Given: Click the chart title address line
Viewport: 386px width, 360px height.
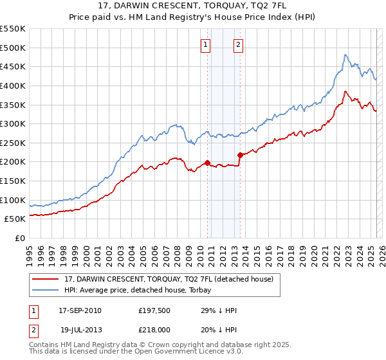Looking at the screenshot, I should (x=194, y=6).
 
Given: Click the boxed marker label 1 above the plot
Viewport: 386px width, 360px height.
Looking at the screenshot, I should (x=205, y=44).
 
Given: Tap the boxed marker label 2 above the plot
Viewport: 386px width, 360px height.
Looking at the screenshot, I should (x=238, y=44).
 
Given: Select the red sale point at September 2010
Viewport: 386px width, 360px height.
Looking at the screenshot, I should (x=207, y=163).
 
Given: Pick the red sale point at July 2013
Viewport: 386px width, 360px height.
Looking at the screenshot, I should (x=240, y=155).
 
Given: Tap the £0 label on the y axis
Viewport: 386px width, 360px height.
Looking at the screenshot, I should (x=19, y=239).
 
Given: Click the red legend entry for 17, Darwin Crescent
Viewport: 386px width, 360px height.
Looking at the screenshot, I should (x=169, y=279).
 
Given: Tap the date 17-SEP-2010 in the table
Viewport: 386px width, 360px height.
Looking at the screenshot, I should (x=80, y=310).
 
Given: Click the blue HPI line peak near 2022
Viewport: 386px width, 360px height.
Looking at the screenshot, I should (x=345, y=55).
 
